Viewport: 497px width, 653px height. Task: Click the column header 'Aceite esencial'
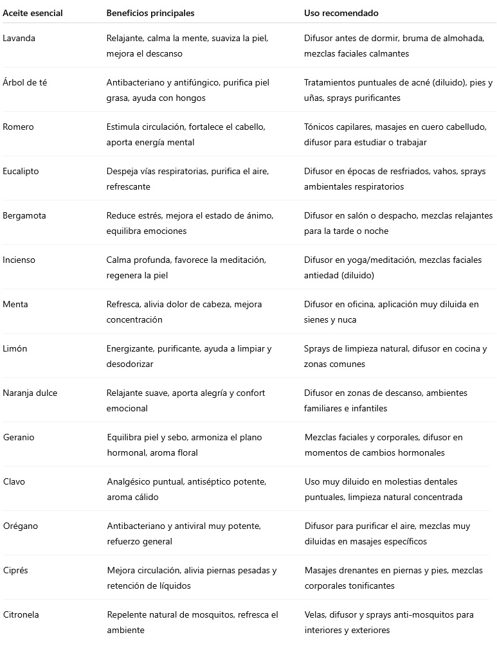click(33, 13)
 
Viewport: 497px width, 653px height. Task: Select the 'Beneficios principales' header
click(150, 13)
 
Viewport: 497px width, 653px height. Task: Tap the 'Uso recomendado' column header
click(341, 13)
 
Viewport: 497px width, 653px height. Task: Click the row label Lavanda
click(19, 38)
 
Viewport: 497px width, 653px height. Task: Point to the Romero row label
click(18, 127)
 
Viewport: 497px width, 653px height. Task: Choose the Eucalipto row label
click(21, 171)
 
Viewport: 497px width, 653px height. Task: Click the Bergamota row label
click(24, 215)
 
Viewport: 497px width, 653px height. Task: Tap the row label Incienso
click(19, 260)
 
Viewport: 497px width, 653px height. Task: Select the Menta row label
click(15, 304)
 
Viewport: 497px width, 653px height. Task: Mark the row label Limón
click(15, 348)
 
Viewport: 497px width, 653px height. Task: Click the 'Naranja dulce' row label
click(30, 393)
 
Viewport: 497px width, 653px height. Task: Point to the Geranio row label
click(19, 437)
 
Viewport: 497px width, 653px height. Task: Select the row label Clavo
click(14, 481)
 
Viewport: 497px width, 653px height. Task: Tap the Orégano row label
click(21, 526)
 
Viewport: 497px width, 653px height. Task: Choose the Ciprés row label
click(15, 570)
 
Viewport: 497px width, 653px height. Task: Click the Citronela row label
click(21, 614)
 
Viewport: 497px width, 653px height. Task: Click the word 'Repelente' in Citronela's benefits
click(127, 614)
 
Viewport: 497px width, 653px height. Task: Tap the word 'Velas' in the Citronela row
click(315, 614)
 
